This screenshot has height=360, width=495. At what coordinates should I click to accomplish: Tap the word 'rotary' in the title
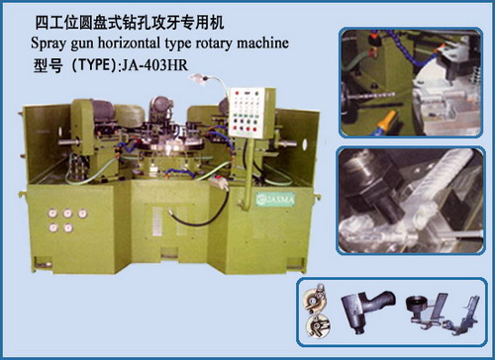tap(198, 45)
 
